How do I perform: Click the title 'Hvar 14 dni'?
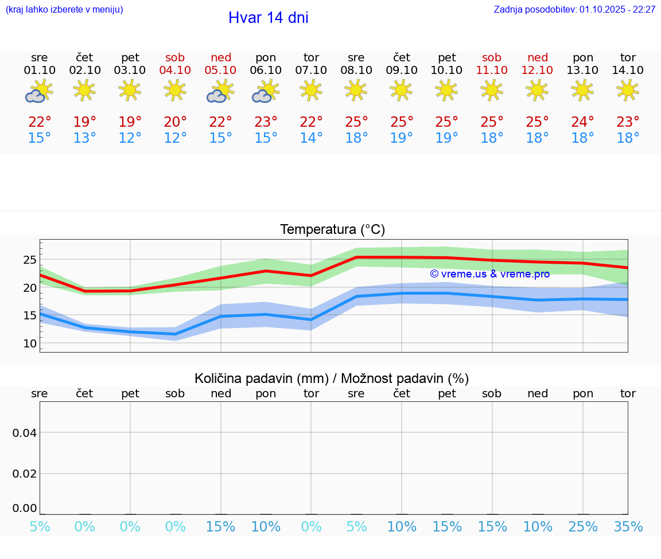pyautogui.click(x=268, y=18)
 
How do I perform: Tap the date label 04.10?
pyautogui.click(x=175, y=70)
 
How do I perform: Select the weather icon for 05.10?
pyautogui.click(x=220, y=91)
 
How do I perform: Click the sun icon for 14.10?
pyautogui.click(x=628, y=90)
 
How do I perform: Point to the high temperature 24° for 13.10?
pyautogui.click(x=582, y=122)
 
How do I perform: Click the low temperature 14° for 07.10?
pyautogui.click(x=311, y=138)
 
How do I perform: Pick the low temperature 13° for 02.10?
pyautogui.click(x=84, y=138)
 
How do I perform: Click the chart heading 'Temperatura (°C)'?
pyautogui.click(x=332, y=230)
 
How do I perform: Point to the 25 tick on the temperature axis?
pyautogui.click(x=29, y=260)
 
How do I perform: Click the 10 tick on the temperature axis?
pyautogui.click(x=29, y=343)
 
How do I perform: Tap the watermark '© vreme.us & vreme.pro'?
pyautogui.click(x=489, y=274)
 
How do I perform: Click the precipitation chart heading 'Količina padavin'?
pyautogui.click(x=332, y=378)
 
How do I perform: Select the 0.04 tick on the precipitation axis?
pyautogui.click(x=25, y=433)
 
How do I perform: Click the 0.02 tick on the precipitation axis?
pyautogui.click(x=25, y=474)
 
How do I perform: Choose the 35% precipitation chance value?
pyautogui.click(x=628, y=527)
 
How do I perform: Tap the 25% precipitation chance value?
pyautogui.click(x=582, y=527)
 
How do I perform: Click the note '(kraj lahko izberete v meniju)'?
pyautogui.click(x=64, y=10)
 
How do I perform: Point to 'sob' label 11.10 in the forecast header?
pyautogui.click(x=492, y=57)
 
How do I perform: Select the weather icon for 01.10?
pyautogui.click(x=39, y=91)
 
